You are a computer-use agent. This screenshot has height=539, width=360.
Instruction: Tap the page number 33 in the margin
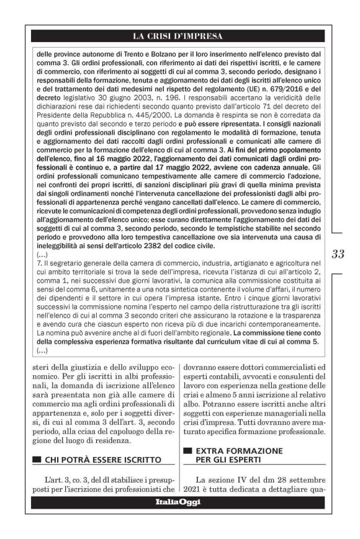339,254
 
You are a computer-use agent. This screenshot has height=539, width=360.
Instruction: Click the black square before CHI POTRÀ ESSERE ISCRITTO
35,459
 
